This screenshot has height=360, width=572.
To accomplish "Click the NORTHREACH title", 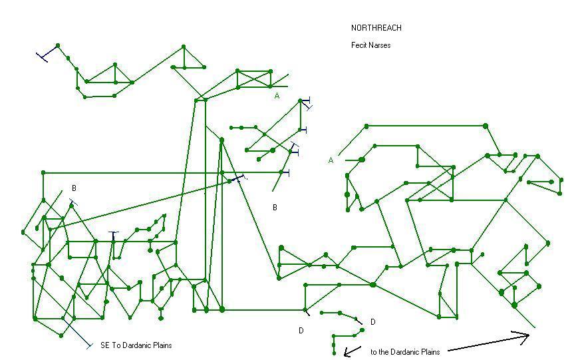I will tap(376, 28).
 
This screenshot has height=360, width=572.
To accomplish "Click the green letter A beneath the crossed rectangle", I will tap(277, 96).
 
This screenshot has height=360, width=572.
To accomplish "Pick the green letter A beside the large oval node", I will tap(331, 160).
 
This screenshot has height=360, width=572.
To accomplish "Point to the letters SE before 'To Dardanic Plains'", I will tap(104, 345).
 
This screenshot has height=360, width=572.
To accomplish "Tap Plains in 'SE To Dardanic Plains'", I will tap(162, 345).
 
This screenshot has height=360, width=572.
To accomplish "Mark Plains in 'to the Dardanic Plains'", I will tap(432, 351).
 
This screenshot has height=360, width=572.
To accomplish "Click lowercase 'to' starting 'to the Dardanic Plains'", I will tap(374, 351).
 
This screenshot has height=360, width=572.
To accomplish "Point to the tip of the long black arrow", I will tap(529, 337).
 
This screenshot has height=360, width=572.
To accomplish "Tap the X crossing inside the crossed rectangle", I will tap(254, 78).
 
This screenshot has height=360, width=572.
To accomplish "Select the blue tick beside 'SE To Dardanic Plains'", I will tap(88, 345).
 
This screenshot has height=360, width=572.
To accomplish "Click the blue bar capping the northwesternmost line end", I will tap(42, 55).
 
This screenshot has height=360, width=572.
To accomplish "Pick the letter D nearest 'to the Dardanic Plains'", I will tap(372, 322).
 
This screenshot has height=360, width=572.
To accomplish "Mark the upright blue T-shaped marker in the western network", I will tap(114, 234).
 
